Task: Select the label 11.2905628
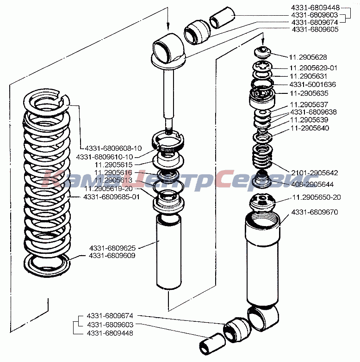pos(308,57)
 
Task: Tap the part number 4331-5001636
pos(313,85)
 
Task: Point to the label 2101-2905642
pos(315,173)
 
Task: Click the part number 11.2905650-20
pos(316,197)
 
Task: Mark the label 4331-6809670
pos(315,213)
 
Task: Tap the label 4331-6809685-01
pos(112,197)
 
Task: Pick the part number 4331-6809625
pos(112,247)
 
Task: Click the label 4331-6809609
pos(112,255)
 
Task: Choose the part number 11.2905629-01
pos(313,67)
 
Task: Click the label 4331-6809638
pos(313,112)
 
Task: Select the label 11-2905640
pos(310,128)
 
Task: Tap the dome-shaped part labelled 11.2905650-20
pos(262,202)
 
